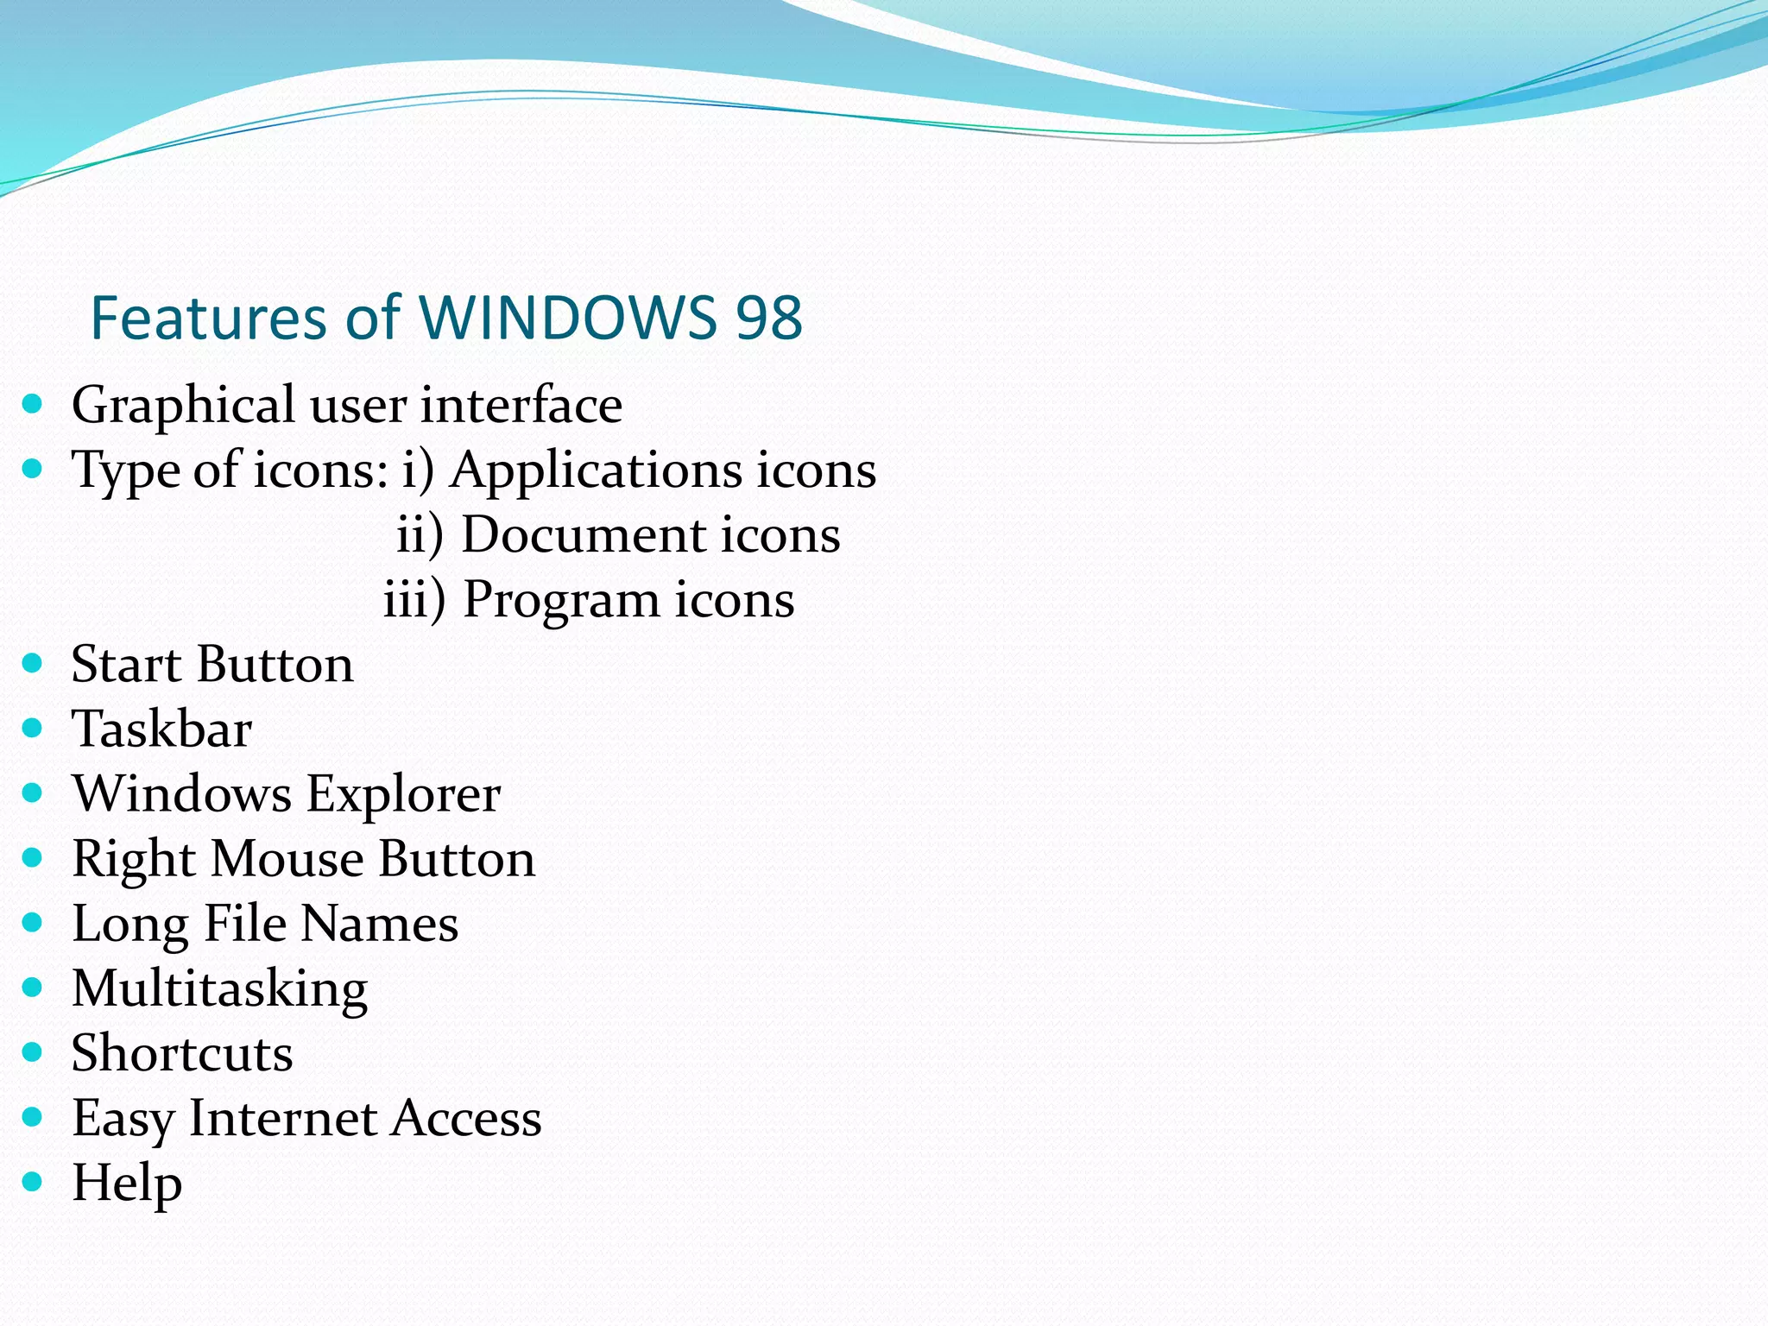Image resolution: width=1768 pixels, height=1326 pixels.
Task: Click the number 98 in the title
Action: (768, 318)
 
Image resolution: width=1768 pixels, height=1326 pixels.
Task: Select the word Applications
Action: (596, 471)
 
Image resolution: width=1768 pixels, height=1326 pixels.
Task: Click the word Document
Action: (584, 534)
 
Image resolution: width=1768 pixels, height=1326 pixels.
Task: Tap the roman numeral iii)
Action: (414, 599)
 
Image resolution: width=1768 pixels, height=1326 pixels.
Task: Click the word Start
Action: (126, 665)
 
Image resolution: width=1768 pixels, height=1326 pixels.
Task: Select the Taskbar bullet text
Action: (162, 729)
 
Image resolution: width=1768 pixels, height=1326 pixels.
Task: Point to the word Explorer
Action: (403, 794)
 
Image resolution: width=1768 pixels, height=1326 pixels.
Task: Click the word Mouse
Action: (287, 859)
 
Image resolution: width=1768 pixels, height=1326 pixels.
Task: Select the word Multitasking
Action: (220, 989)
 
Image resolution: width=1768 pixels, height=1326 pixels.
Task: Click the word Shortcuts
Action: (182, 1053)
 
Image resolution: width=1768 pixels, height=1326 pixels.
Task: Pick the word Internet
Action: (283, 1118)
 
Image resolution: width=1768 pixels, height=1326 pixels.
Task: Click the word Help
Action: (127, 1184)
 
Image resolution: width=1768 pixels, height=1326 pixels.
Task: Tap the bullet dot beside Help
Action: (33, 1181)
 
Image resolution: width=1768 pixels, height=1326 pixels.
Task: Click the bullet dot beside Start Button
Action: (33, 663)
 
